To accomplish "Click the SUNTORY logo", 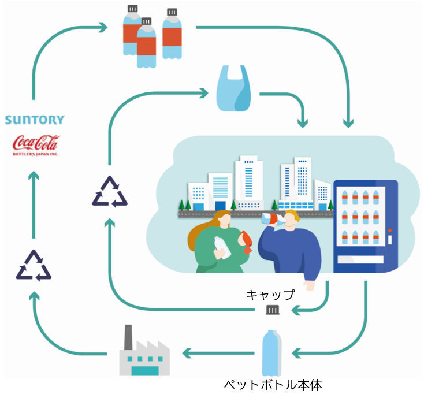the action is [35, 120].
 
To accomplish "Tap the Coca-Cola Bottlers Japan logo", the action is [36, 145].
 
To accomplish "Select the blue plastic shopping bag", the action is [233, 88].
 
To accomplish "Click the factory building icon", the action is [144, 350].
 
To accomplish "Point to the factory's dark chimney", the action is [128, 337].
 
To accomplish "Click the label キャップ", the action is [270, 295].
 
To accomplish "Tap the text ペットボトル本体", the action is [273, 385].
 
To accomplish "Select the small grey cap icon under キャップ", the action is [272, 310].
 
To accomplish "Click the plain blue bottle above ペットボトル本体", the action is [271, 352].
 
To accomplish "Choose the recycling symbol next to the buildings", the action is [110, 192].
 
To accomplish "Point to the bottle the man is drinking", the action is [273, 218].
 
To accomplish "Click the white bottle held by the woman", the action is [222, 247].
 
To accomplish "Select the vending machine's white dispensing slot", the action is [360, 259].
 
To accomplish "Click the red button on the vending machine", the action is [390, 231].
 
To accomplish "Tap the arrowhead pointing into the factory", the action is [187, 353].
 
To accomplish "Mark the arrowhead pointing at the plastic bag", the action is [204, 93].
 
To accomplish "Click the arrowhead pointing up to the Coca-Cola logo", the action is [34, 175].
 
